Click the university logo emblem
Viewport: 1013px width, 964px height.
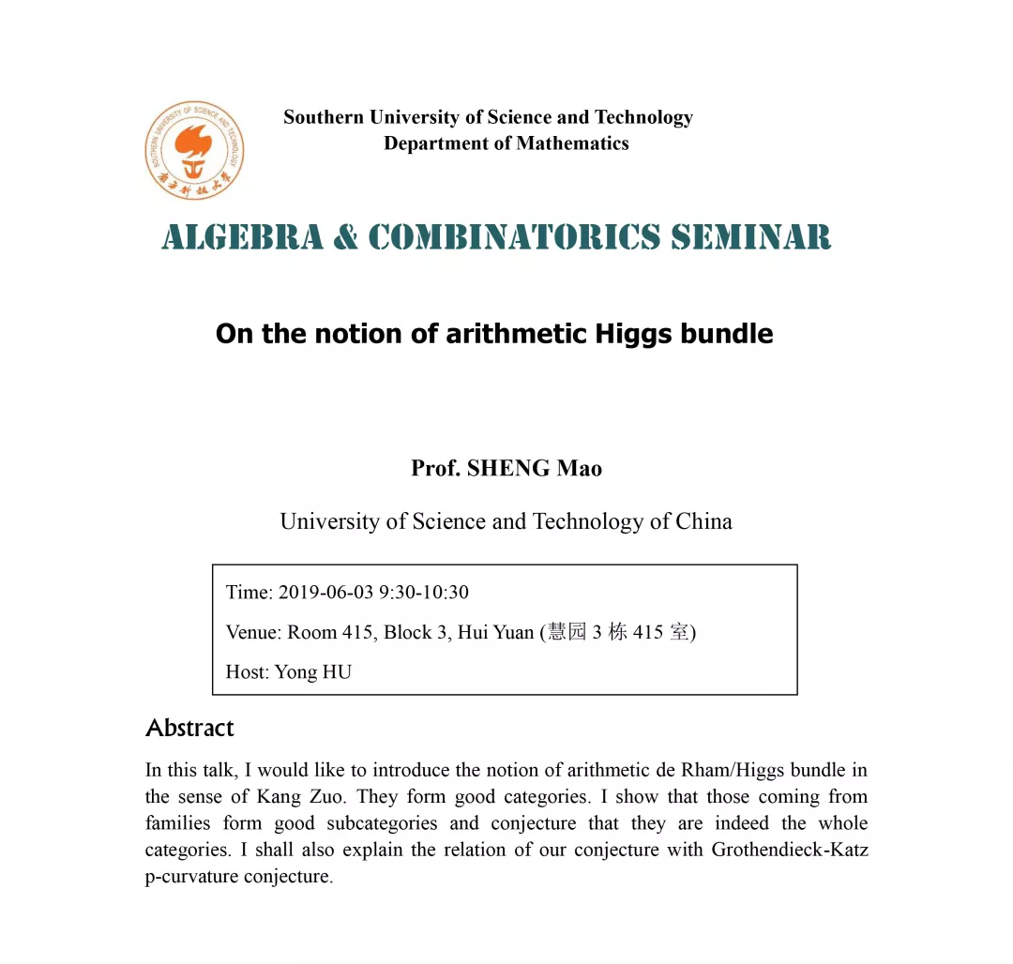(194, 150)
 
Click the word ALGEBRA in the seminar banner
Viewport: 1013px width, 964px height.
(242, 236)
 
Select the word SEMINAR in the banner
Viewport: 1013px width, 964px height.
(751, 236)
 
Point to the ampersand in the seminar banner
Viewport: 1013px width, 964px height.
(345, 236)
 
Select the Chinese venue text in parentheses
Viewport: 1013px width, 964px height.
(619, 632)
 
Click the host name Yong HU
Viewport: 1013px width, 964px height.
(312, 671)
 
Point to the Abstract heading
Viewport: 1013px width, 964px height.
(189, 728)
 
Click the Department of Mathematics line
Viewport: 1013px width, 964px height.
(506, 143)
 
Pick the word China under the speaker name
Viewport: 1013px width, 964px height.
(703, 521)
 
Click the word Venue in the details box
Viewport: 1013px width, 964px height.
(252, 632)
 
